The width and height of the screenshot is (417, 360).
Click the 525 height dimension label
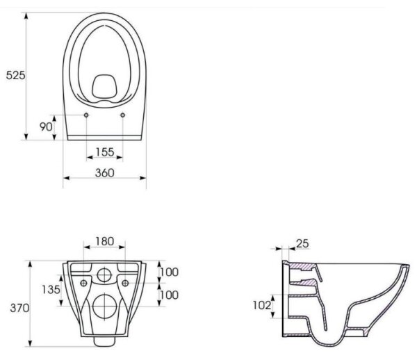tap(15, 75)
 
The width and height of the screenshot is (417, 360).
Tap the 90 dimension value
tap(46, 126)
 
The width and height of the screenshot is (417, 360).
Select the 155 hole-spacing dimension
tap(105, 152)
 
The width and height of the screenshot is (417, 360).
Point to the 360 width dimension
tap(105, 173)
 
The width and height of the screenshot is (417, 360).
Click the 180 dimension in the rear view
tap(104, 241)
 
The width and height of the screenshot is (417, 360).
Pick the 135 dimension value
tap(51, 289)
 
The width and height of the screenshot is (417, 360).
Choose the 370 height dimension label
tap(19, 308)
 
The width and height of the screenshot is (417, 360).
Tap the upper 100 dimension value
tap(169, 272)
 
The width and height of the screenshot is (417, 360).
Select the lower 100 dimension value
tap(169, 295)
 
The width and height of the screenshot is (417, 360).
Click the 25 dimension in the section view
tap(302, 243)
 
